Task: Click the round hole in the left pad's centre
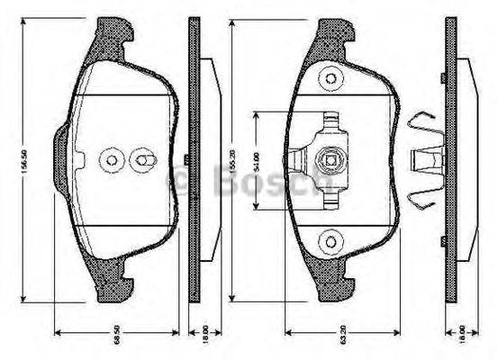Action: [113, 160]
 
